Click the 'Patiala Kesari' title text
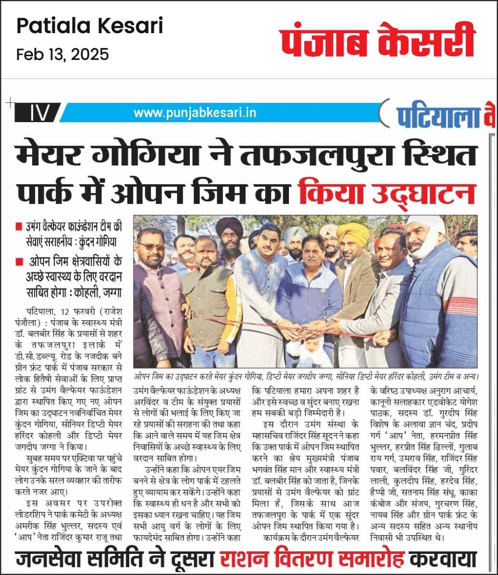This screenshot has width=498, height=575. tap(90, 26)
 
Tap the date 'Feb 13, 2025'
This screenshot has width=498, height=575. tap(62, 54)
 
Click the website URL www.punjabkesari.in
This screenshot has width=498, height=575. tap(195, 113)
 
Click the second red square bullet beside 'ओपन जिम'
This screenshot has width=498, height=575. tap(19, 262)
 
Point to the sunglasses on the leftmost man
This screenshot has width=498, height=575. tap(152, 247)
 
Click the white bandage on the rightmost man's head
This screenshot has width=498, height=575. tap(425, 231)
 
